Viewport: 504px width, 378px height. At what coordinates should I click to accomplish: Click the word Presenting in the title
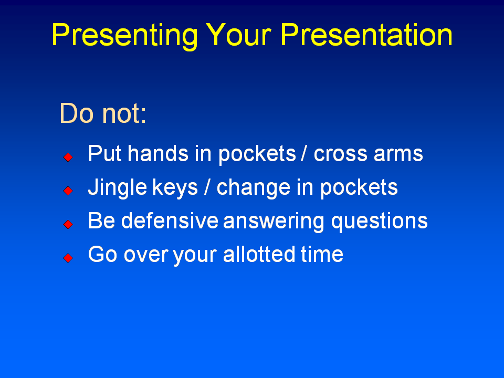124,35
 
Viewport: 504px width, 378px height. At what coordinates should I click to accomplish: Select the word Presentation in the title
366,34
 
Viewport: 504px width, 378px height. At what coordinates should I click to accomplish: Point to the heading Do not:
103,113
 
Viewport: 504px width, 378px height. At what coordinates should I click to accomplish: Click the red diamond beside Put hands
68,157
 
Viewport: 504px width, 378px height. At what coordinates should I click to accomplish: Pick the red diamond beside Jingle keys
68,191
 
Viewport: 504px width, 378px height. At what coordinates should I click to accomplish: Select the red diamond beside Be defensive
68,224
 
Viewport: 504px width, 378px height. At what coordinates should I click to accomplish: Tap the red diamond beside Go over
68,258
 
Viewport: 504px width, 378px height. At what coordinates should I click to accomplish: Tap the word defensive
170,221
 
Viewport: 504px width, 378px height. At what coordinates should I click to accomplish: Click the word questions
379,222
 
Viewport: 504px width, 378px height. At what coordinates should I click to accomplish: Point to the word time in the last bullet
322,255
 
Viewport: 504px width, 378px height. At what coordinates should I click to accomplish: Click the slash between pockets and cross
304,154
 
